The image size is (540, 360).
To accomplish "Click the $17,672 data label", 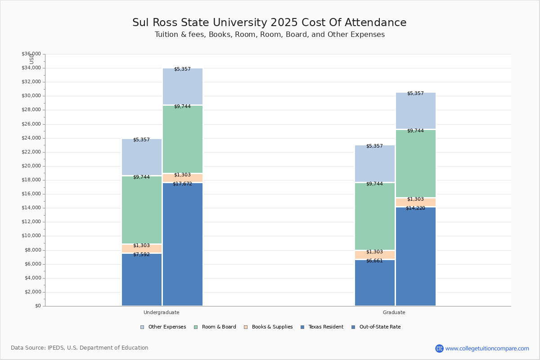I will [182, 184].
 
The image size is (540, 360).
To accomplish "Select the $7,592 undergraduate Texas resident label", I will [141, 254].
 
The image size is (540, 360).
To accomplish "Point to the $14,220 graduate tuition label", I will [415, 208].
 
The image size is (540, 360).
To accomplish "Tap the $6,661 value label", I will [374, 261].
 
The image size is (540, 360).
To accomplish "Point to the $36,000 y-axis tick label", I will [31, 54].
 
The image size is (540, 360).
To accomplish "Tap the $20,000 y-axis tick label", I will [31, 166].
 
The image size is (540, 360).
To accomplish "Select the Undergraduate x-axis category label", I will [161, 312].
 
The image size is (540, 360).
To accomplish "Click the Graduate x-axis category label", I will [394, 312].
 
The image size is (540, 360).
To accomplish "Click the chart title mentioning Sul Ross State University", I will [269, 22].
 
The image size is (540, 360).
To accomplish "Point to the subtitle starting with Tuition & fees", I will [270, 35].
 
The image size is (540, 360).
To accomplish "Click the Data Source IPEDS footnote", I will [80, 348].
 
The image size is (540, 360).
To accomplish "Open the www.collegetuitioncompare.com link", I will [487, 348].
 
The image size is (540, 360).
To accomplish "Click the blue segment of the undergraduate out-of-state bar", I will [182, 245].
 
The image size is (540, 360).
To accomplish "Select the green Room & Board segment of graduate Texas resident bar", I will [374, 216].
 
